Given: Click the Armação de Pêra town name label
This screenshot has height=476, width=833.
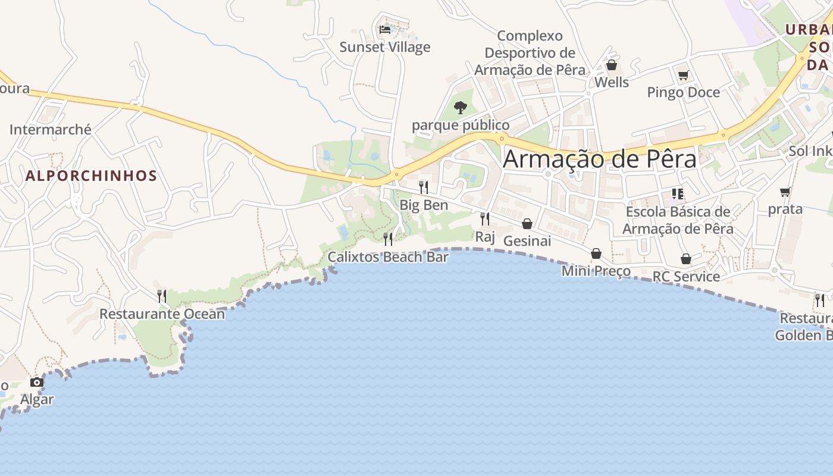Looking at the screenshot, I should pyautogui.click(x=600, y=159).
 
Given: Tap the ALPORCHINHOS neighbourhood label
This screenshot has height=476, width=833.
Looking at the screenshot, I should pyautogui.click(x=91, y=176).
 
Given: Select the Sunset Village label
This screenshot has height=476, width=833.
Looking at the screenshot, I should pyautogui.click(x=384, y=47).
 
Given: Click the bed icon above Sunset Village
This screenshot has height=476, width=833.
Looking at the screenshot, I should pyautogui.click(x=385, y=29).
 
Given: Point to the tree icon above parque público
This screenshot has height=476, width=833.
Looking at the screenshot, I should pyautogui.click(x=461, y=108).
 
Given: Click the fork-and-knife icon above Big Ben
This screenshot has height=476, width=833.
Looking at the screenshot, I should pyautogui.click(x=424, y=187).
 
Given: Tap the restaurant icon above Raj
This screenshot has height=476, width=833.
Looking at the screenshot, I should pyautogui.click(x=485, y=219).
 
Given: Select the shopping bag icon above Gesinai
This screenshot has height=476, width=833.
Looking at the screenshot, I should pyautogui.click(x=527, y=224).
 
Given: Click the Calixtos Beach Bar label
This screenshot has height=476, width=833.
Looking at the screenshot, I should pyautogui.click(x=388, y=257).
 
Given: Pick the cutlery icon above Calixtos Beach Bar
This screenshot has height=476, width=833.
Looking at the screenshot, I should pyautogui.click(x=388, y=239).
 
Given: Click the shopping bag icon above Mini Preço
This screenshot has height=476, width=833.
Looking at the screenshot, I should pyautogui.click(x=596, y=254).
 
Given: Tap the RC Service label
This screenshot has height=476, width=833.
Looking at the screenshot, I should pyautogui.click(x=686, y=277).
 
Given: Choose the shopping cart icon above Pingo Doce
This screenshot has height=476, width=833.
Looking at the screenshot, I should pyautogui.click(x=683, y=75).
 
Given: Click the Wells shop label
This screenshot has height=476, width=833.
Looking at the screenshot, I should pyautogui.click(x=612, y=83).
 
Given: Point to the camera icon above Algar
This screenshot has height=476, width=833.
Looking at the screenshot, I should pyautogui.click(x=37, y=382).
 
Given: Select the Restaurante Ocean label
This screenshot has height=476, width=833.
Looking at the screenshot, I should pyautogui.click(x=162, y=314).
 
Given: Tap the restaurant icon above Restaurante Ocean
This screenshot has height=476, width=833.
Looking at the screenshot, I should pyautogui.click(x=162, y=296).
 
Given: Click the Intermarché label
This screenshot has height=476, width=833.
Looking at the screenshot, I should pyautogui.click(x=51, y=129).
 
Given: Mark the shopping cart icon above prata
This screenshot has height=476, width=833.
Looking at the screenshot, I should pyautogui.click(x=785, y=192).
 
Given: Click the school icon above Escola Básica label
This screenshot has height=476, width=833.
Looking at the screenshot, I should pyautogui.click(x=677, y=194).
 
